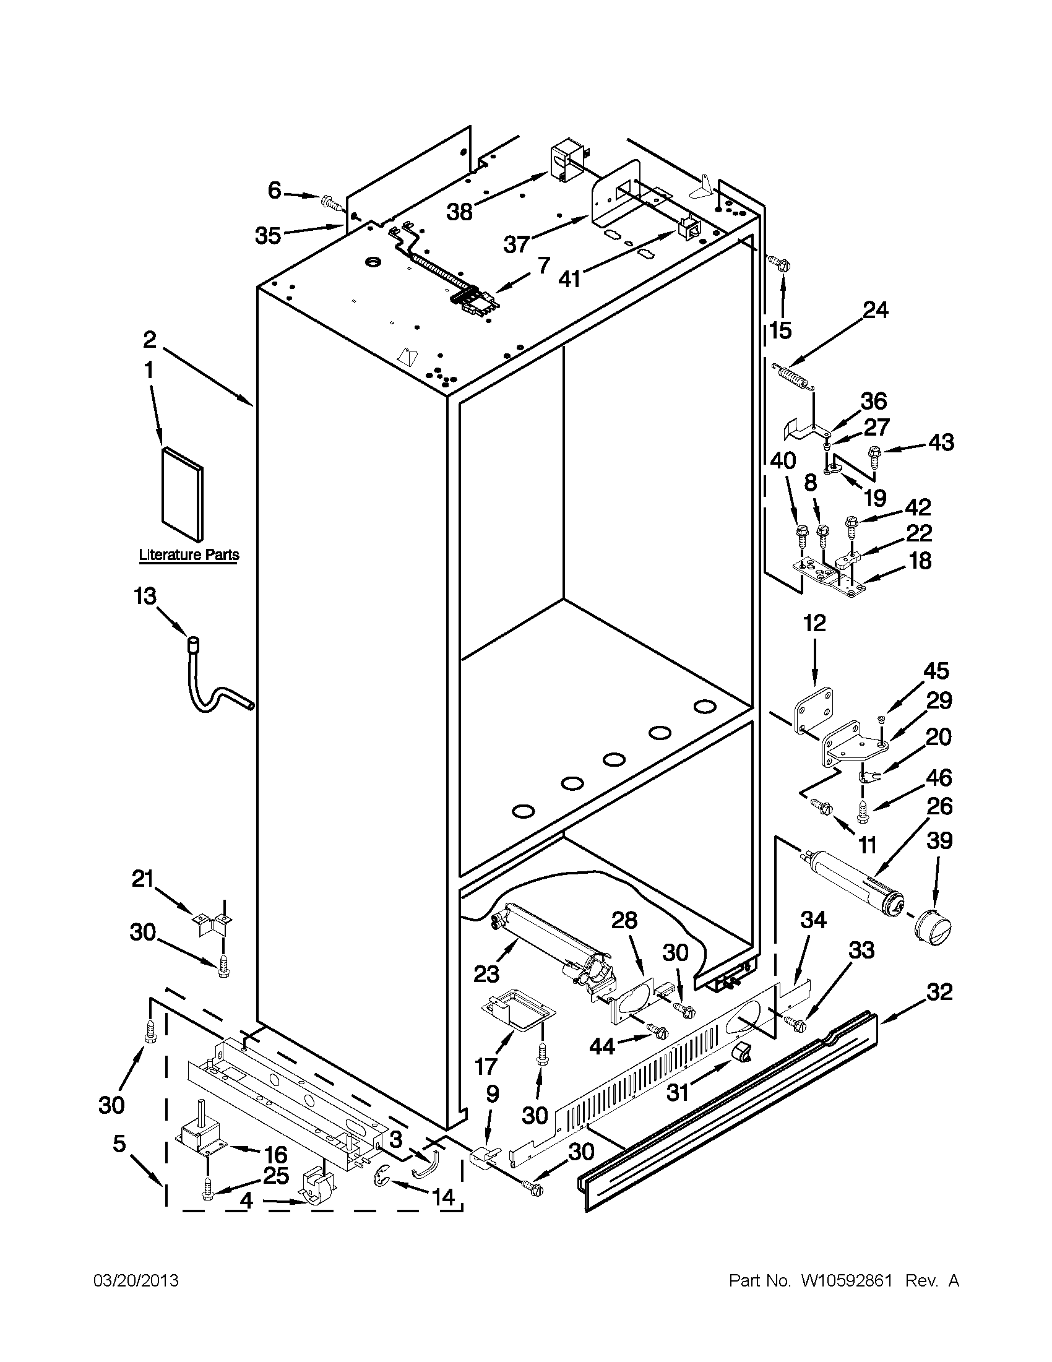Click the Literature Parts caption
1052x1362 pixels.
pyautogui.click(x=188, y=554)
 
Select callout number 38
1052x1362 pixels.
pyautogui.click(x=460, y=212)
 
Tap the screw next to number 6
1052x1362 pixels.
pyautogui.click(x=329, y=202)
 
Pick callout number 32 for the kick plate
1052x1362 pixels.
pyautogui.click(x=939, y=992)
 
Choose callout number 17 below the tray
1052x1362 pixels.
pyautogui.click(x=486, y=1066)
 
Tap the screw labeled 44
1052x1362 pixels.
pyautogui.click(x=658, y=1031)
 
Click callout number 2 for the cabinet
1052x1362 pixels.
pyautogui.click(x=150, y=340)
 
